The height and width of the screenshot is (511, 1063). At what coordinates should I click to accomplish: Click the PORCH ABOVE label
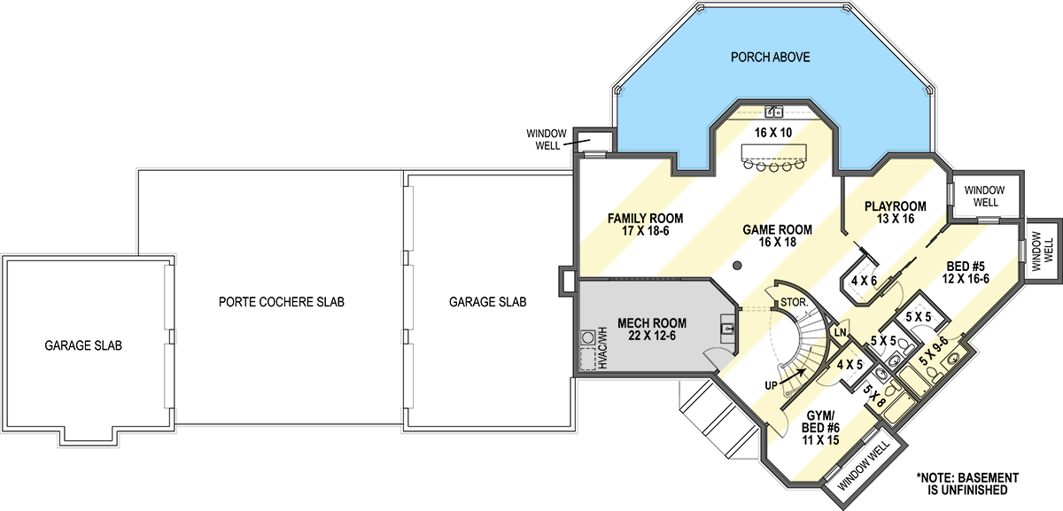pyautogui.click(x=770, y=58)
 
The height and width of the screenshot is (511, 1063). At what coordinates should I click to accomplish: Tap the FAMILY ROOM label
pyautogui.click(x=646, y=218)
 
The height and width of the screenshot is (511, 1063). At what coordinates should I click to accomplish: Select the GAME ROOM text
pyautogui.click(x=778, y=229)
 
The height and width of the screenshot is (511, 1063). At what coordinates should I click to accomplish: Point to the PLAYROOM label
pyautogui.click(x=896, y=206)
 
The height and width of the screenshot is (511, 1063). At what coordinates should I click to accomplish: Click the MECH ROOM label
pyautogui.click(x=652, y=323)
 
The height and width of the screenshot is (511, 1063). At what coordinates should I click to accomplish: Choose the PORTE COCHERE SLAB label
pyautogui.click(x=282, y=302)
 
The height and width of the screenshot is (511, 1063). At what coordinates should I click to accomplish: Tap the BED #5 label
pyautogui.click(x=966, y=267)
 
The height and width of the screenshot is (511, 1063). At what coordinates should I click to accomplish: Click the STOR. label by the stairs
pyautogui.click(x=795, y=302)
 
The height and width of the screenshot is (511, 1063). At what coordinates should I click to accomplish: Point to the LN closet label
pyautogui.click(x=841, y=332)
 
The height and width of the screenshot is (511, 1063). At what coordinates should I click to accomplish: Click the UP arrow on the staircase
pyautogui.click(x=792, y=376)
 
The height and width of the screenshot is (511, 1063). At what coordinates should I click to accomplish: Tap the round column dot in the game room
pyautogui.click(x=737, y=266)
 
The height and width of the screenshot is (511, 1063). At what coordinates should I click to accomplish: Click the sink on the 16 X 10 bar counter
pyautogui.click(x=774, y=112)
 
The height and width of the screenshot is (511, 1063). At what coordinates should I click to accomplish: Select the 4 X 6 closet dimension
pyautogui.click(x=865, y=281)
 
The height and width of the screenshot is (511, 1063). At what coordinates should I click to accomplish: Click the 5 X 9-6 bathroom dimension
pyautogui.click(x=934, y=351)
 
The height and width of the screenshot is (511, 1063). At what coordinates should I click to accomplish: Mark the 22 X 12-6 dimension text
pyautogui.click(x=652, y=336)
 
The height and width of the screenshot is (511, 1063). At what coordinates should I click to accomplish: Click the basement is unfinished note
pyautogui.click(x=967, y=484)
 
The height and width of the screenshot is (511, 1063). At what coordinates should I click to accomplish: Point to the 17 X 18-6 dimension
pyautogui.click(x=646, y=231)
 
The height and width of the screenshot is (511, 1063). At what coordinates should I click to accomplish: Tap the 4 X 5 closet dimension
pyautogui.click(x=850, y=365)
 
